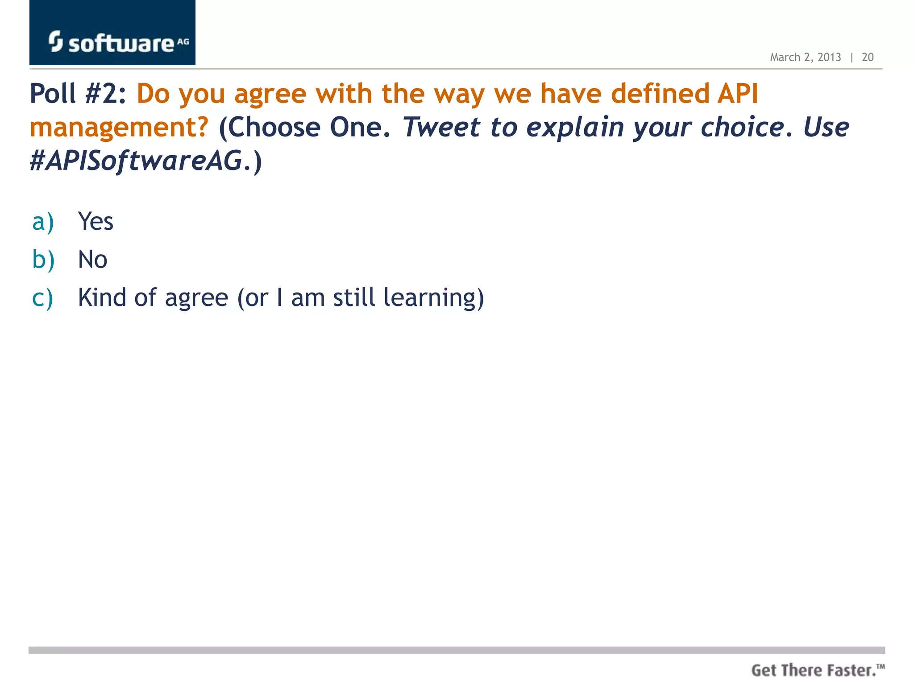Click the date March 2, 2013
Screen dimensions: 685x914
coord(805,58)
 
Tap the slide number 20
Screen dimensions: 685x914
coord(867,58)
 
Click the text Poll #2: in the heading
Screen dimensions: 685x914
coord(78,94)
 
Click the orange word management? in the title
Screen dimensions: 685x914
coord(119,128)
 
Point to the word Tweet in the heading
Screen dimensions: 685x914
coord(441,128)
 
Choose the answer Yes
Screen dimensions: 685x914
coord(96,222)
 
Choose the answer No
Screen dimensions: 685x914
coord(92,260)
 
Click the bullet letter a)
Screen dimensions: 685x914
coord(43,222)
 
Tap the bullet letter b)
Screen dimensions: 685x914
coord(43,260)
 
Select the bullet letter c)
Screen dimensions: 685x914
coord(43,298)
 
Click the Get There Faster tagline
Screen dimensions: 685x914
coord(817,670)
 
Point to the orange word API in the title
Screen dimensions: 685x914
coord(737,94)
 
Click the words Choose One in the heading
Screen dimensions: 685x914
coord(306,128)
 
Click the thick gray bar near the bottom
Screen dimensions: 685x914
coord(456,650)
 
